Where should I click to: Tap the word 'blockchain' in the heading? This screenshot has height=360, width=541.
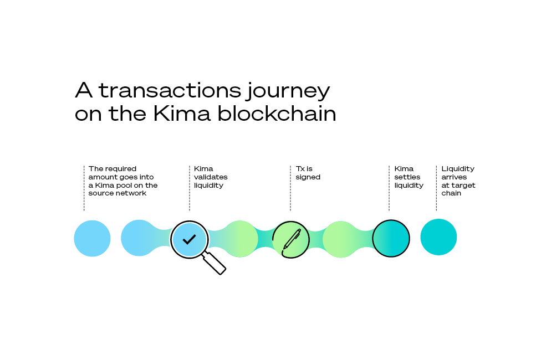point(277,114)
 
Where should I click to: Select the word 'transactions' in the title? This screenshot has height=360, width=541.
point(170,90)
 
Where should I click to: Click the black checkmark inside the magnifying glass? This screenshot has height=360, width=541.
point(189,239)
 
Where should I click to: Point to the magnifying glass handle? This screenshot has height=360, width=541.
point(214,263)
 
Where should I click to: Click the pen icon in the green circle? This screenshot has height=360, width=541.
point(292,239)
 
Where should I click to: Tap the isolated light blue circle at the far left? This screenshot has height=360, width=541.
point(92,238)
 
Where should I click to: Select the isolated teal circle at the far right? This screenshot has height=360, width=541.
point(438,237)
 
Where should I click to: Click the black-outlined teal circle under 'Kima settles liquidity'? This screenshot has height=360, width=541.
point(391,238)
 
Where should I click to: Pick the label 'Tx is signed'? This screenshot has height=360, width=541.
point(308,173)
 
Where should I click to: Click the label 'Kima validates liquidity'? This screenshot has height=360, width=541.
point(211,177)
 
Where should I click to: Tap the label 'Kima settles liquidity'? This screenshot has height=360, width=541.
point(409,177)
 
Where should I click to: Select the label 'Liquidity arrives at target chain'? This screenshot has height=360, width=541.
point(458,181)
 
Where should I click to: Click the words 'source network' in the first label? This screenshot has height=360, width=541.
point(118,193)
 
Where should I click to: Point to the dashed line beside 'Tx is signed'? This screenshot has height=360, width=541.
point(290,188)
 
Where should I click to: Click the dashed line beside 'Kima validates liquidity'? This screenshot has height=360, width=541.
point(190,188)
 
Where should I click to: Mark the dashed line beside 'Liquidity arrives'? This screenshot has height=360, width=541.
point(436,188)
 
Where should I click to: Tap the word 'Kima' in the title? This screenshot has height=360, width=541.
point(181,114)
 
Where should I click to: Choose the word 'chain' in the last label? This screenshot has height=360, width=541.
point(451,193)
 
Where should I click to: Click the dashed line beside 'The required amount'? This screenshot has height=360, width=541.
point(84,188)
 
